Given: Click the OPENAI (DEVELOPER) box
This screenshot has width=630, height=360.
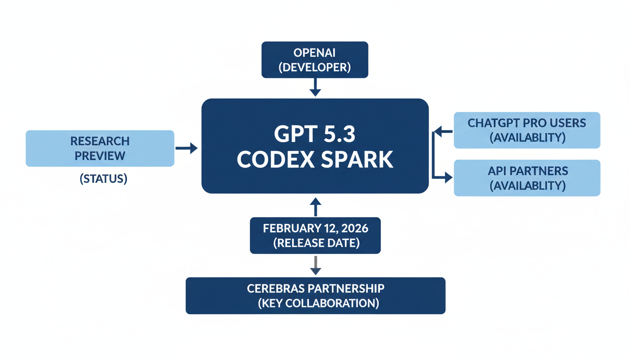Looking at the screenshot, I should pyautogui.click(x=315, y=60).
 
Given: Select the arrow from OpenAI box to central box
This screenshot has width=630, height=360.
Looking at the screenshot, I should pyautogui.click(x=315, y=87).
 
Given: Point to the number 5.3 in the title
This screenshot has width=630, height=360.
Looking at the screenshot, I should pyautogui.click(x=334, y=134).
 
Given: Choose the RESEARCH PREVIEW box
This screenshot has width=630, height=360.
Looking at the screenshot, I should pyautogui.click(x=100, y=148).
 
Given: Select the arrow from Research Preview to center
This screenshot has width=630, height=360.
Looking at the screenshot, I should pyautogui.click(x=186, y=148).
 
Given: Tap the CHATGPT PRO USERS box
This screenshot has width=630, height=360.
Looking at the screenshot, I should pyautogui.click(x=527, y=130).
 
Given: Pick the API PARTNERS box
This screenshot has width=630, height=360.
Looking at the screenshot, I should pyautogui.click(x=527, y=178).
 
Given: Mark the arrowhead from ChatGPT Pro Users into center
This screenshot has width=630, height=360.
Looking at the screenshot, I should pyautogui.click(x=438, y=132).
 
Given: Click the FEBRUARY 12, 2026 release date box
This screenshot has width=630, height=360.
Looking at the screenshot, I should pyautogui.click(x=315, y=235).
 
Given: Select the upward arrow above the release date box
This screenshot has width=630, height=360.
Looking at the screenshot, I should pyautogui.click(x=315, y=207).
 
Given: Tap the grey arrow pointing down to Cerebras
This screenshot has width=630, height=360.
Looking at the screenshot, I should pyautogui.click(x=315, y=266).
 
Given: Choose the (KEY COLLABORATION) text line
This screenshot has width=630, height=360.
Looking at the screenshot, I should pyautogui.click(x=318, y=303).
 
